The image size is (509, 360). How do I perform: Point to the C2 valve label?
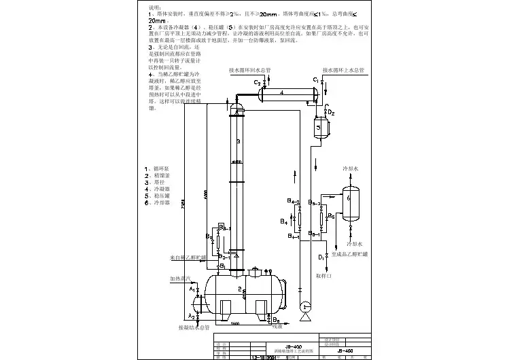pos(257,82)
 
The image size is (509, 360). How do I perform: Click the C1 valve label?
pos(316,80)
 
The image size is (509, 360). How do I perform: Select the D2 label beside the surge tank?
pos(331,112)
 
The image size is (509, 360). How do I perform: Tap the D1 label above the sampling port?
pos(321,257)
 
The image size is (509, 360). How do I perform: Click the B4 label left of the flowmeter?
pos(283,221)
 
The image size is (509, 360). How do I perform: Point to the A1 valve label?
pos(192,289)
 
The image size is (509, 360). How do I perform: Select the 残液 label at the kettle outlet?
pos(277,327)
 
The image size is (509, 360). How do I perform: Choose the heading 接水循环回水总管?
pos(249,70)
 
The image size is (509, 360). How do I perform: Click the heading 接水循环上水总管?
pos(343,70)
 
